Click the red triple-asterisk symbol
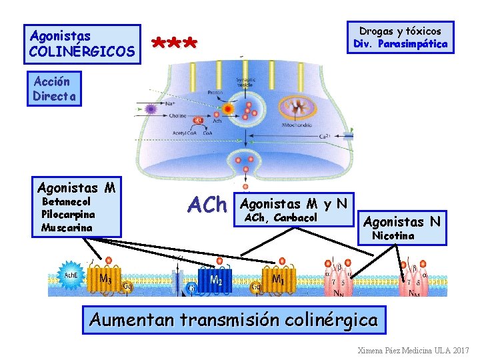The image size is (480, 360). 175,45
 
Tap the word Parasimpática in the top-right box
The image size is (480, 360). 410,45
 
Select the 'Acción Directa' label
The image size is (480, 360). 55,89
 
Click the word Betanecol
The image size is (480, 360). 66,201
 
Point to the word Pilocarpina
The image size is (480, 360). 68,215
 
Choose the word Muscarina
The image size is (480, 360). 67,227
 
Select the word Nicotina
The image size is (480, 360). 393,235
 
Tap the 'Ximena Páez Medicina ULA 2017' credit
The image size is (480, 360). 413,350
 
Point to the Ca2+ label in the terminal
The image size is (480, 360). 329,136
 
